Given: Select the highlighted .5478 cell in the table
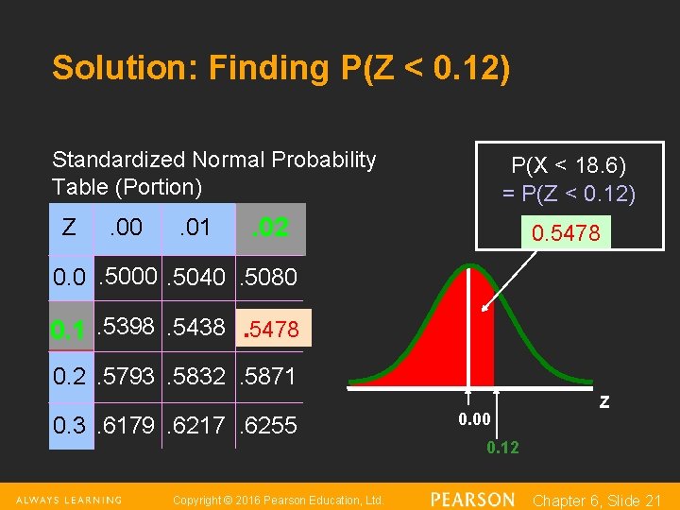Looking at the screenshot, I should tap(271, 329).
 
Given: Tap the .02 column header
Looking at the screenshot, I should tap(270, 229).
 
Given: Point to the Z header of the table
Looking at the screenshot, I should tap(69, 227).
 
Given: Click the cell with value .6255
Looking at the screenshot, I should tap(269, 425).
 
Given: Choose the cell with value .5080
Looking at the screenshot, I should tap(269, 277).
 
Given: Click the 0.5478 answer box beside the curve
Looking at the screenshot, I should tap(566, 232).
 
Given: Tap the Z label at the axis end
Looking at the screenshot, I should tap(604, 402).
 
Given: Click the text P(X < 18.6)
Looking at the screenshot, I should tap(569, 166).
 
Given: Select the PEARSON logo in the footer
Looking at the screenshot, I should tap(472, 499).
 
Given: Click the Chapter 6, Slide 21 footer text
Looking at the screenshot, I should tap(597, 500).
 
